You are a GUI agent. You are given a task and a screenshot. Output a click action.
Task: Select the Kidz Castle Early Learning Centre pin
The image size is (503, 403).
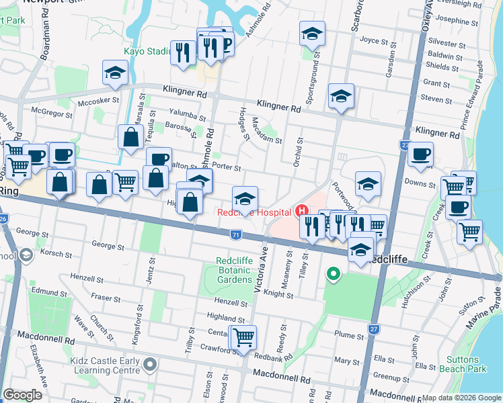tap(150, 365)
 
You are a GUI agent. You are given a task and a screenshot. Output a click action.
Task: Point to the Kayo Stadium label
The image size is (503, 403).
tap(147, 51)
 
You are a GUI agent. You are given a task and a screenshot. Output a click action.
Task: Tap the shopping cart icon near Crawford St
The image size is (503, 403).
tap(243, 337)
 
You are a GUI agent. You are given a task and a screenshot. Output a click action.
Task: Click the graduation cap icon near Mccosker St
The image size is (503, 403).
tap(115, 73)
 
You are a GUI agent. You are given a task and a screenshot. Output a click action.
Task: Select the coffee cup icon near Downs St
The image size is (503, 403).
tap(421, 154)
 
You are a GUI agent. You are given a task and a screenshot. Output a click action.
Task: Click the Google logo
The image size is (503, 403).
tap(22, 395)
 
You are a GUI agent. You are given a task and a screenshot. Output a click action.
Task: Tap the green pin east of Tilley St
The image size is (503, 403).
tap(332, 273)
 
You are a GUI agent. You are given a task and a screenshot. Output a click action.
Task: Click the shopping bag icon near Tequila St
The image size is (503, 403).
tap(128, 137)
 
